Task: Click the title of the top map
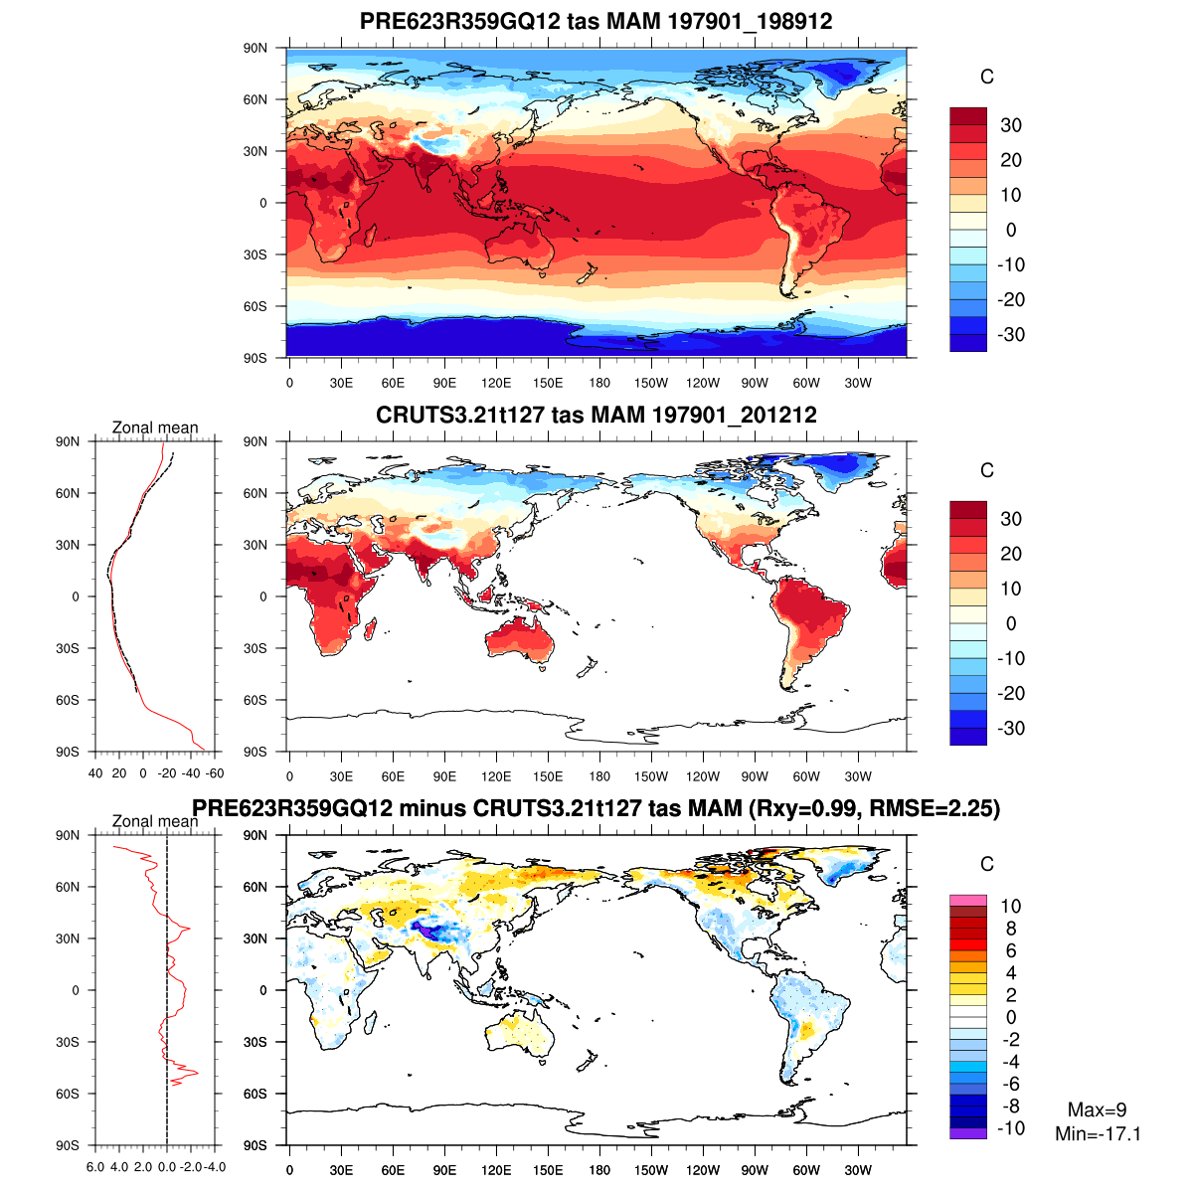coord(596,22)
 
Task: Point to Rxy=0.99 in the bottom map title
coord(805,809)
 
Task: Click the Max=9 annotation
coord(1097,1110)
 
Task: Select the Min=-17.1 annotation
coord(1098,1134)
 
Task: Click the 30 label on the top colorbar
coord(1011,125)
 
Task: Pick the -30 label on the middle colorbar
coord(1011,728)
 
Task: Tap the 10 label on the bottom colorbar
coord(1010,906)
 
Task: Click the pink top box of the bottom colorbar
coord(967,900)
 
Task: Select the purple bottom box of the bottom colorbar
coord(967,1133)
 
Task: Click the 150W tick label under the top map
coord(651,384)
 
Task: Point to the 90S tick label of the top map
coord(256,358)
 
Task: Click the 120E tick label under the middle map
coord(496,777)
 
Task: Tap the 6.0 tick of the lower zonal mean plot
coord(95,1167)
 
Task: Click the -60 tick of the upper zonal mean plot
coord(214,773)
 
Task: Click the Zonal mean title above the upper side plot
coord(155,427)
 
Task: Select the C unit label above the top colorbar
coord(986,78)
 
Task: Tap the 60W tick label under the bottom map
coord(806,1171)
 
